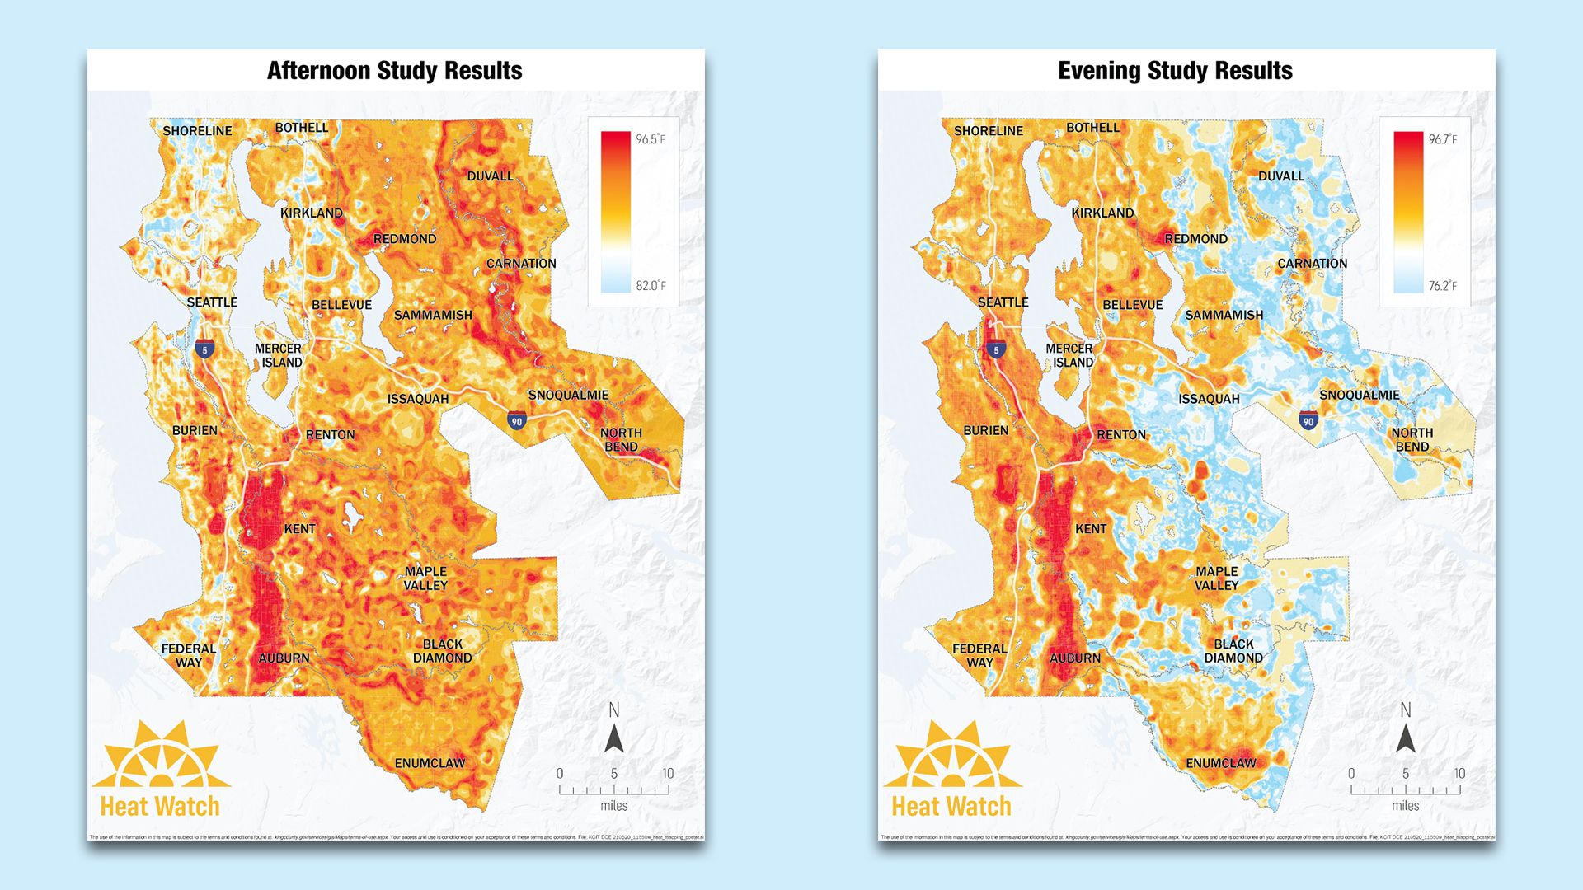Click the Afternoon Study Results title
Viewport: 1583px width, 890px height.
[394, 71]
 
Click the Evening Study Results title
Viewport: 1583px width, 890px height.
[1175, 71]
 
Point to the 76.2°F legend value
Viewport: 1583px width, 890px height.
[1442, 286]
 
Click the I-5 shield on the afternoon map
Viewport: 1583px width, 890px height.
[204, 349]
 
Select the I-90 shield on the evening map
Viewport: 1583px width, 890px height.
[1308, 421]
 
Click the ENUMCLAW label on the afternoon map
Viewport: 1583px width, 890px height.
[430, 763]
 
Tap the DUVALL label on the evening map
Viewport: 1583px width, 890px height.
[1280, 176]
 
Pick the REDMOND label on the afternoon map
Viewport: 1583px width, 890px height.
[405, 239]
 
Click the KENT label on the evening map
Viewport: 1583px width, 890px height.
[1091, 529]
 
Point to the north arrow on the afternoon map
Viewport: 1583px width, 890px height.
[614, 729]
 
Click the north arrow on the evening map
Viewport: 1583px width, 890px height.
[1406, 729]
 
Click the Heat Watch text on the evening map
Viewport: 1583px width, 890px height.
[951, 806]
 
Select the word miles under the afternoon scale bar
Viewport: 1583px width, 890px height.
[614, 806]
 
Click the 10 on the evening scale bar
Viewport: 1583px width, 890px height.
[1459, 773]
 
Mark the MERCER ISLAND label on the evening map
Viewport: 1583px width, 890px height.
[1069, 355]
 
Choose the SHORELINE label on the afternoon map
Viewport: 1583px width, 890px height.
[197, 131]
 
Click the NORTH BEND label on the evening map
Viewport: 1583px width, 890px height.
[1412, 439]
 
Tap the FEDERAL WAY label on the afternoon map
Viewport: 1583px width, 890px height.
[189, 655]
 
